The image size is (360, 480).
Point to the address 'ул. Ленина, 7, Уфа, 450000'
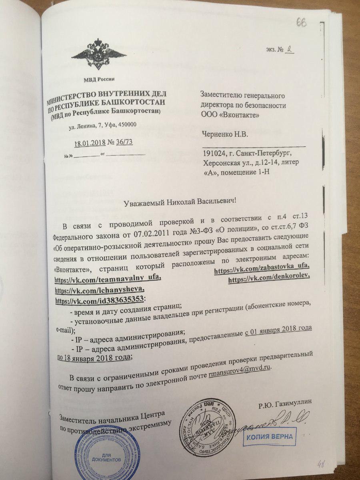point(103,125)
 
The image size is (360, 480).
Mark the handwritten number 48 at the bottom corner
point(321,464)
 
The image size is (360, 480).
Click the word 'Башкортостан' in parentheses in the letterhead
point(138,112)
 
